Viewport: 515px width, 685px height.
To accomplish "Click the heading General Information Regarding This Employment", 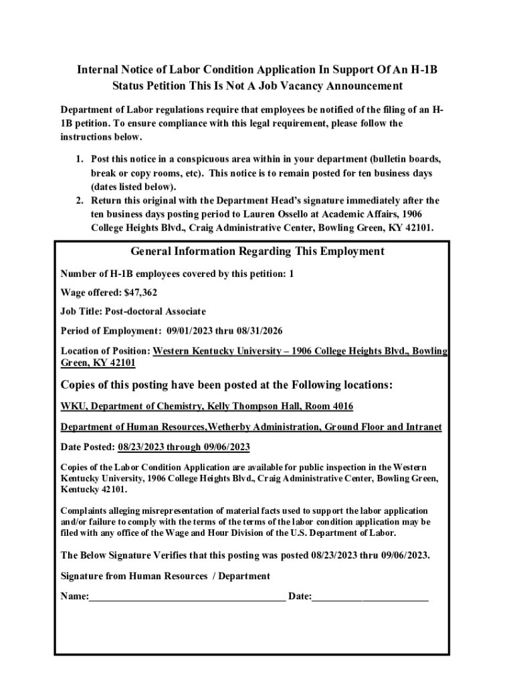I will [257, 252].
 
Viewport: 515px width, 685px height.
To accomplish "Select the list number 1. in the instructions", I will [80, 160].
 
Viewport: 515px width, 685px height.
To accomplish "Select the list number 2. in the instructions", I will [80, 201].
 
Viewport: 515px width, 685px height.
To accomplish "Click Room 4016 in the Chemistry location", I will [328, 406].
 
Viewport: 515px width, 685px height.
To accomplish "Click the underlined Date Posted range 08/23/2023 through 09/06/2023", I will [184, 446].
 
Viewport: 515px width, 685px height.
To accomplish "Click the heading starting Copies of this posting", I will [227, 385].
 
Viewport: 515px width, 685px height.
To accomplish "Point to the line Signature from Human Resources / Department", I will [165, 575].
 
